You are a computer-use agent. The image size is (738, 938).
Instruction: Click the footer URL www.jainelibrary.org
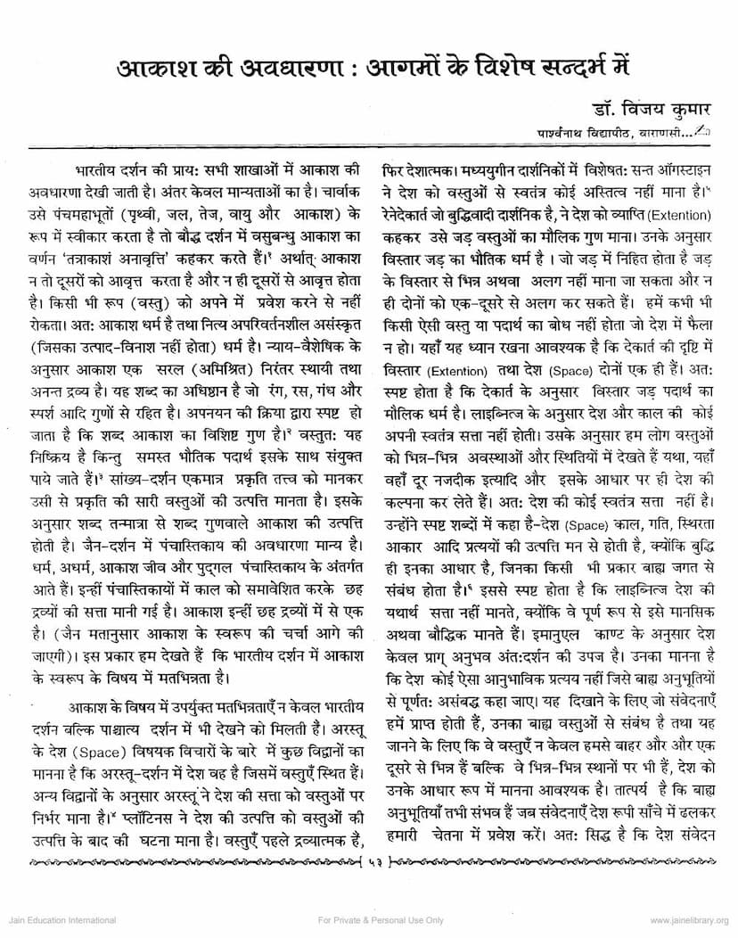pyautogui.click(x=689, y=920)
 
